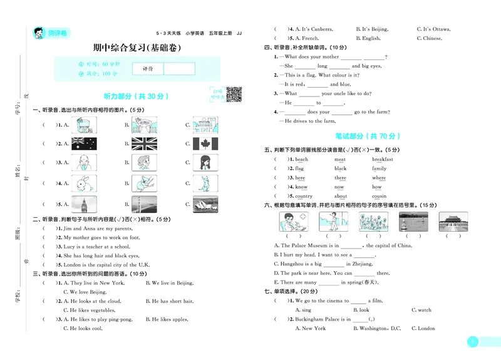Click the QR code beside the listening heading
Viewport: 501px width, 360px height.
pos(234,94)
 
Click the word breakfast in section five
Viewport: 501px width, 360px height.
pos(383,160)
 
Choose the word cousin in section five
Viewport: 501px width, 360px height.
pos(380,196)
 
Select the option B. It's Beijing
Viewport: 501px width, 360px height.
pos(372,29)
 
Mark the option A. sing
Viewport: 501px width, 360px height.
pos(303,310)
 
